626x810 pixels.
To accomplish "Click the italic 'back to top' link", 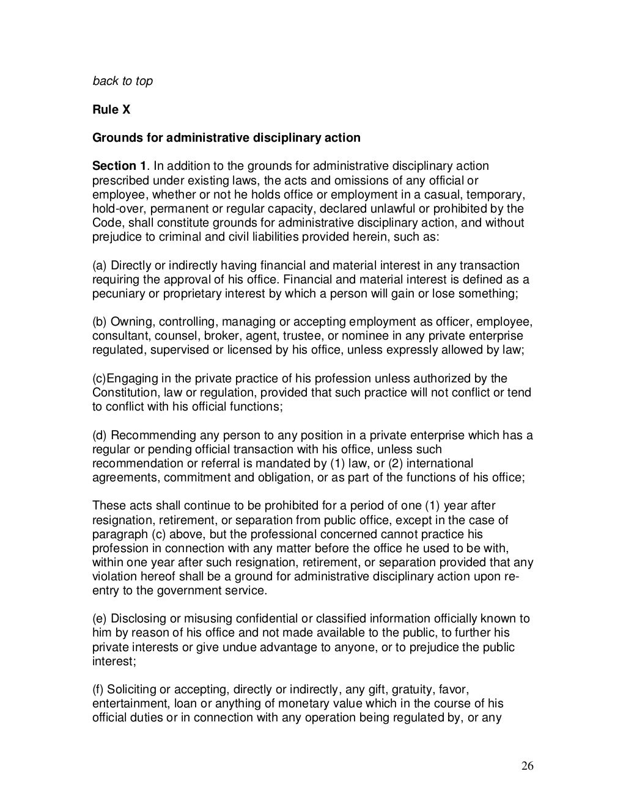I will [122, 81].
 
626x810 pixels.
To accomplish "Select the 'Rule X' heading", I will [111, 110].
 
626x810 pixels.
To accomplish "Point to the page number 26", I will [528, 767].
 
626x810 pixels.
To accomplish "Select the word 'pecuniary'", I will [117, 294].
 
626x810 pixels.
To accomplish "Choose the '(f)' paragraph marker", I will [98, 689].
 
